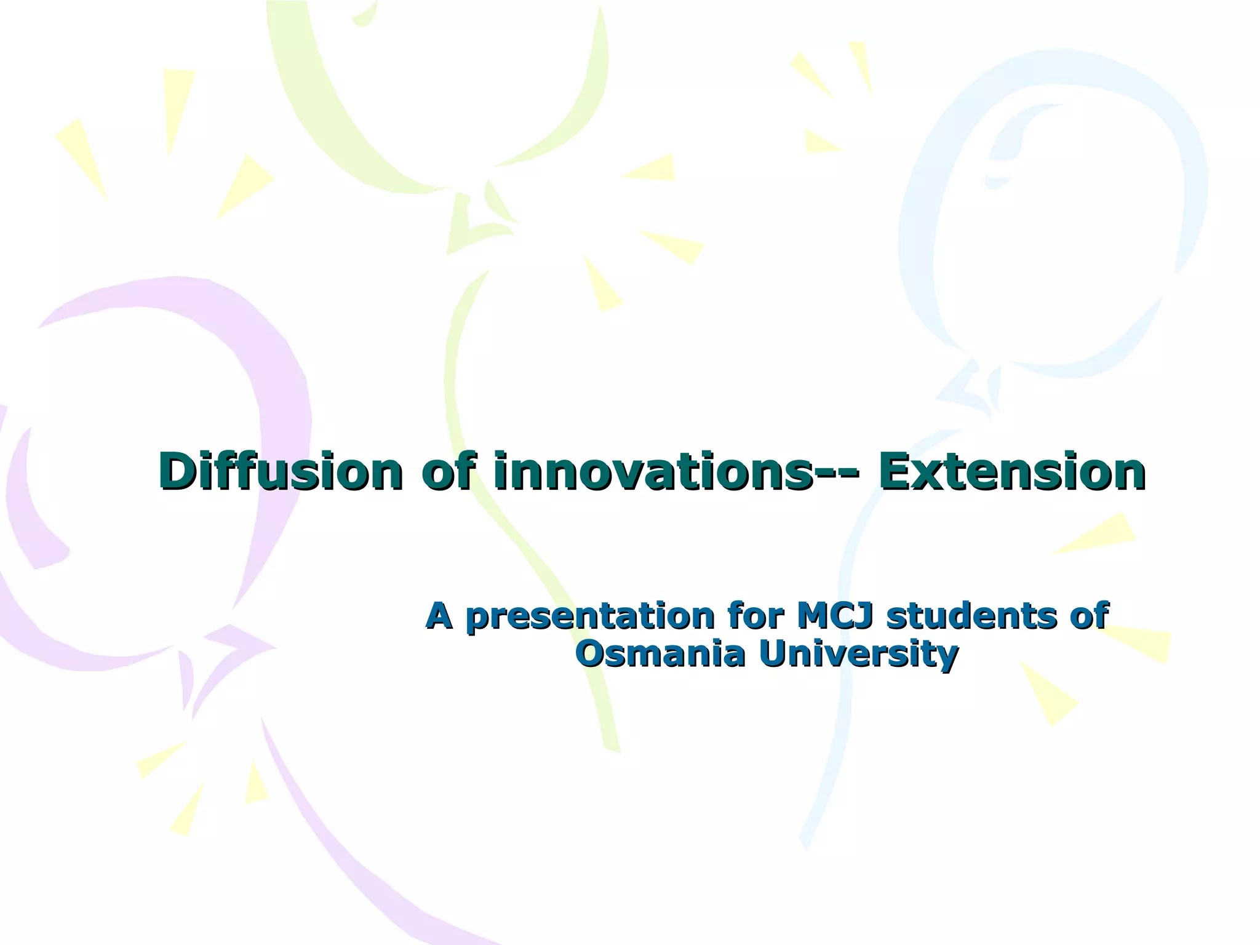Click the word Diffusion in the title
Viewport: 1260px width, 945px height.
click(280, 471)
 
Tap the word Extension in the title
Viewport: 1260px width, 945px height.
click(1011, 471)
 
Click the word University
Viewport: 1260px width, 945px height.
click(858, 655)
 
